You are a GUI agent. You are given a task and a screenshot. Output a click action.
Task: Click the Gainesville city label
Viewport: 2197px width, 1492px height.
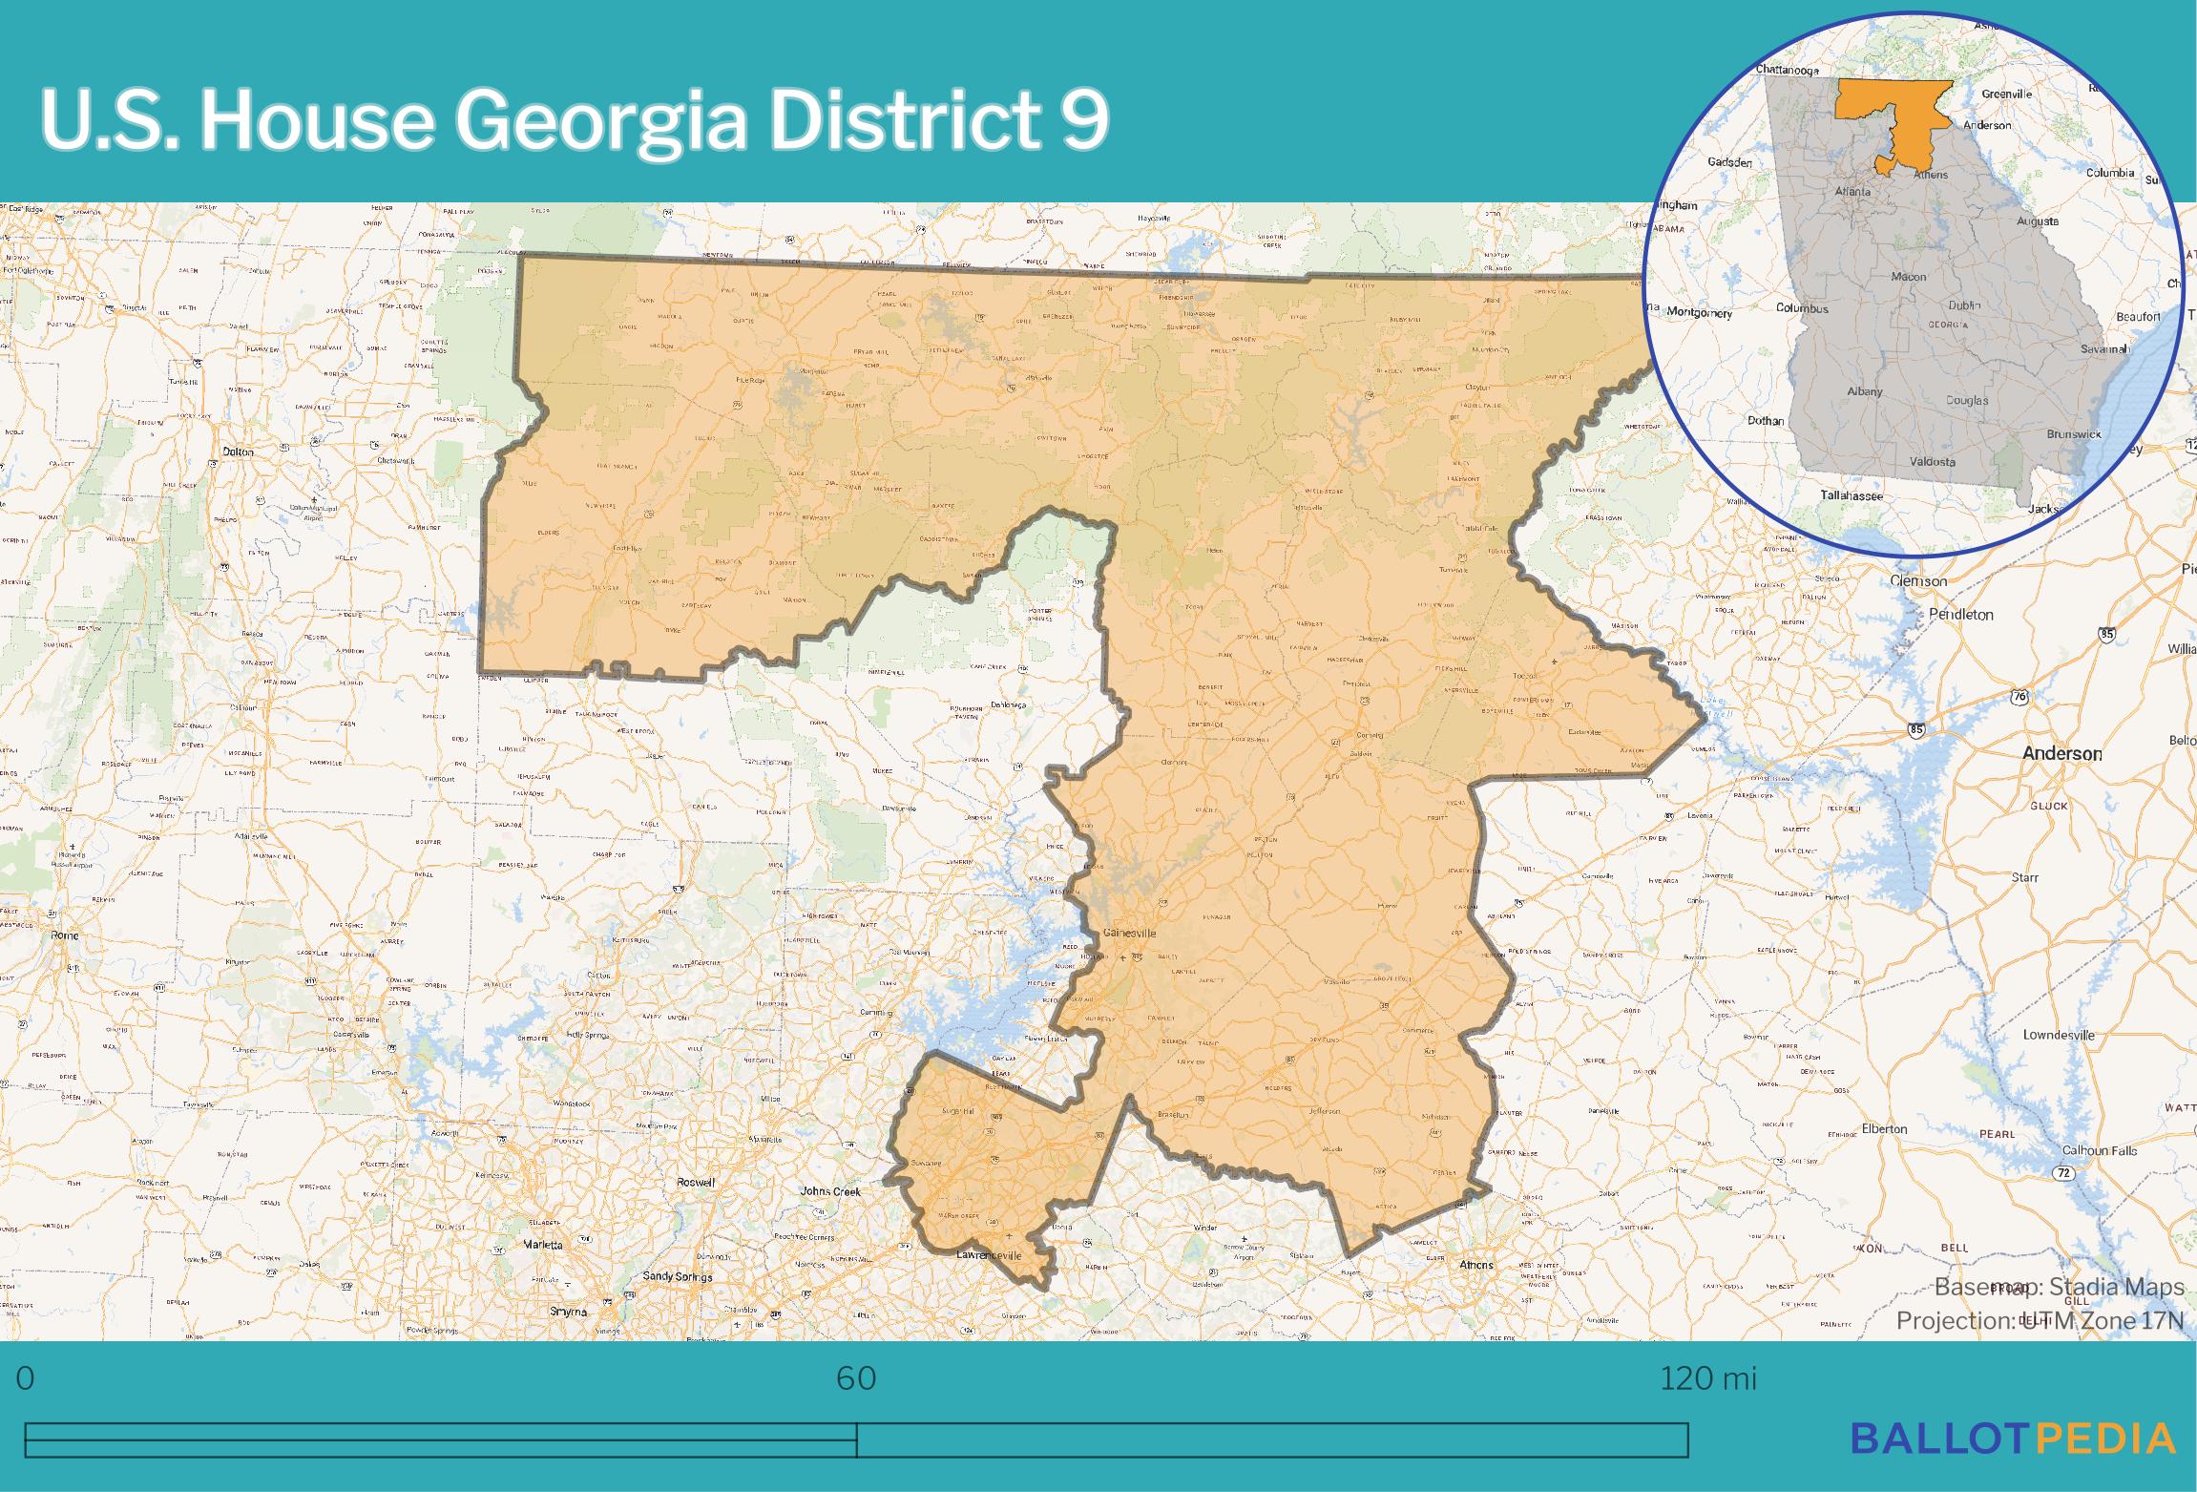point(1129,932)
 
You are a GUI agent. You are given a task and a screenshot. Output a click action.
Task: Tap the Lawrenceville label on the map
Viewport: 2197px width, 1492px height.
point(988,1254)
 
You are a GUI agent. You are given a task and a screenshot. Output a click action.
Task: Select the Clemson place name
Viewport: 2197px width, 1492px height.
point(1918,580)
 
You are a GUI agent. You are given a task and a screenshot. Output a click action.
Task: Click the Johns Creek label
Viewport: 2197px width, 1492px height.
point(830,1191)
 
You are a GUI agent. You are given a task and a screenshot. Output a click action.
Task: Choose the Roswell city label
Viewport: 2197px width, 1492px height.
point(695,1182)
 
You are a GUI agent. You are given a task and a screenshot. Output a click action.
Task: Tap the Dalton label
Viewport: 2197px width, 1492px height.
point(238,452)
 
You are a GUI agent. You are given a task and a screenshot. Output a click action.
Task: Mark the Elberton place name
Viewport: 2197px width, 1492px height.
point(1884,1128)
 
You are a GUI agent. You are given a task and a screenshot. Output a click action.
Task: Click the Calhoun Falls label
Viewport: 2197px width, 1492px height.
point(2100,1150)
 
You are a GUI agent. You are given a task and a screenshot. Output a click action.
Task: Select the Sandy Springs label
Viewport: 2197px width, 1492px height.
point(677,1276)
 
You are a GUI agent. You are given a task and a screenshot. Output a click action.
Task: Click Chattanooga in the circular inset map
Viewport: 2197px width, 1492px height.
point(1787,70)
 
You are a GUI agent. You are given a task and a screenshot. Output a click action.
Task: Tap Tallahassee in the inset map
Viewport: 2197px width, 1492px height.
point(1851,495)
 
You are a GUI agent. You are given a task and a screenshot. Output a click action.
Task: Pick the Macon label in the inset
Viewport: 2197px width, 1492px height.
point(1909,277)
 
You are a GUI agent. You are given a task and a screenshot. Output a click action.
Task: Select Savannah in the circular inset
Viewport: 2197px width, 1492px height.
point(2104,349)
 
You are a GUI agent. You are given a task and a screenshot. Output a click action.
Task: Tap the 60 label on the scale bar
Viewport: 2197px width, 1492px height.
point(856,1379)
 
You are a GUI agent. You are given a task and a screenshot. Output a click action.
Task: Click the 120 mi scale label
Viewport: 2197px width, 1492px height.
point(1707,1379)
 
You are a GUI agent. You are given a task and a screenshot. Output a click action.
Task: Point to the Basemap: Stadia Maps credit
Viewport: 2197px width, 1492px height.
point(2059,1287)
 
